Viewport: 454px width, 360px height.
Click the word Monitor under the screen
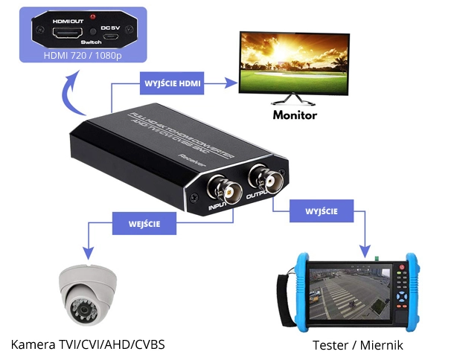295,115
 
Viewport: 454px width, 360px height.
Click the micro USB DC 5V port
110,36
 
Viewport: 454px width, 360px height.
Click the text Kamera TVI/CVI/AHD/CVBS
88,345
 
